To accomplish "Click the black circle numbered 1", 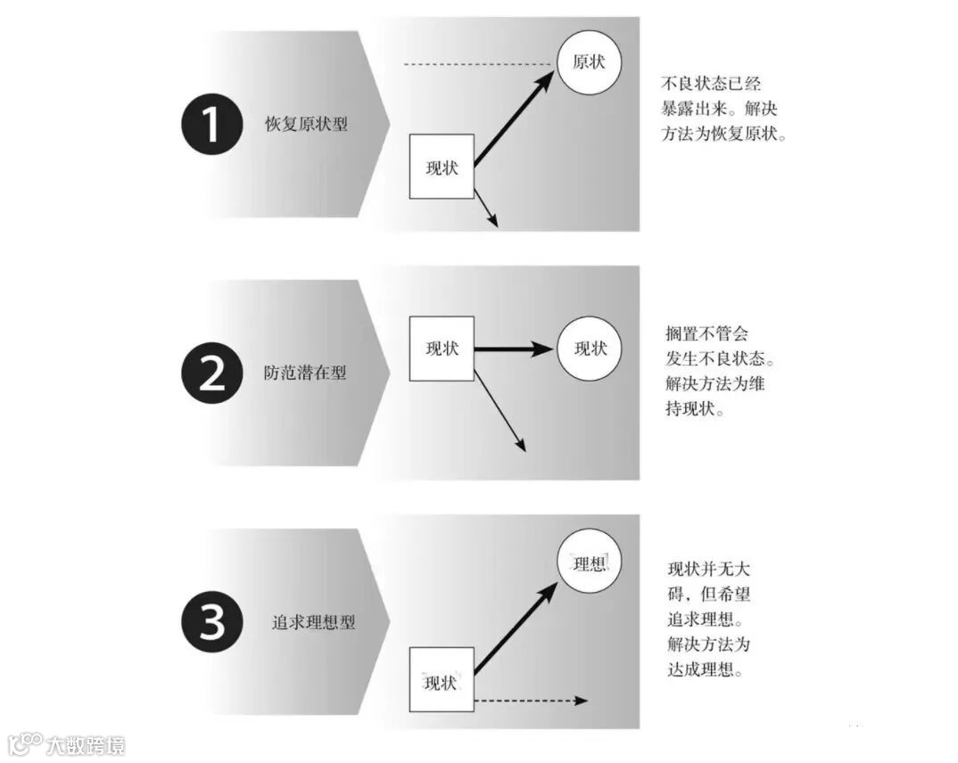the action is coord(211,125).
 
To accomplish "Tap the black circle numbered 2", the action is coord(211,373).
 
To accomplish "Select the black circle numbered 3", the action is coord(211,621).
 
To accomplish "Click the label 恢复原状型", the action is coord(306,125).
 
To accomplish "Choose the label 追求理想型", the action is coord(313,622).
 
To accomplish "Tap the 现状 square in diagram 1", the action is coord(442,167).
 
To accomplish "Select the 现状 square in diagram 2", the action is coord(442,349).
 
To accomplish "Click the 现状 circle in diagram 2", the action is coord(589,349).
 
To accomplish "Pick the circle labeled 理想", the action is coord(589,565).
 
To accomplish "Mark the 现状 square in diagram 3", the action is coord(442,681).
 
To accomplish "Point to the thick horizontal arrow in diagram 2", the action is coord(513,349).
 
